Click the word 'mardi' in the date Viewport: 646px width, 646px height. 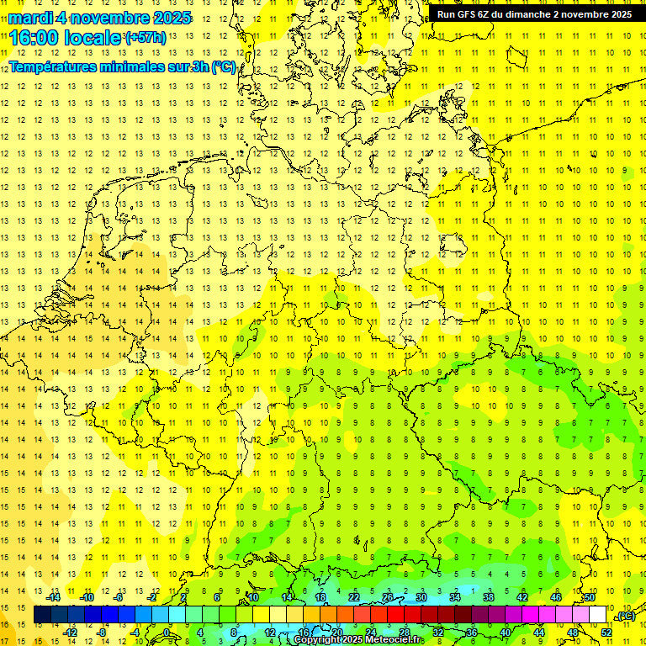click(x=31, y=18)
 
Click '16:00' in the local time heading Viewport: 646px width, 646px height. click(x=34, y=38)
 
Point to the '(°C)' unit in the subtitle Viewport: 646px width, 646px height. click(x=223, y=67)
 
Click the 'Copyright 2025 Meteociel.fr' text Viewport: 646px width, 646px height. click(x=358, y=640)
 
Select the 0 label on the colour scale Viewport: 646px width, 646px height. click(x=167, y=633)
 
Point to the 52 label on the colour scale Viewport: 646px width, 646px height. click(x=606, y=633)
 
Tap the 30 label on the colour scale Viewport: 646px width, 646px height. click(x=421, y=597)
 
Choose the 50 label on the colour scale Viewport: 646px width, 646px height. click(x=590, y=597)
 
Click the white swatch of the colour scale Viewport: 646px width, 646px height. click(x=598, y=615)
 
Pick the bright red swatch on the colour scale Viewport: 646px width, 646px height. click(x=395, y=615)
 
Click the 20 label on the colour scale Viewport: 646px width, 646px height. click(x=336, y=633)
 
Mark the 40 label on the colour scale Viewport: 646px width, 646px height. click(x=506, y=633)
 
